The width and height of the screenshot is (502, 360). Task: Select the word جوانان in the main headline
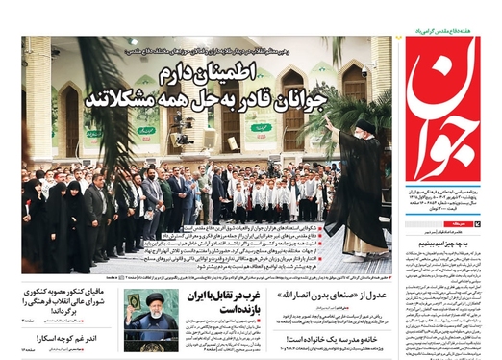click(x=325, y=100)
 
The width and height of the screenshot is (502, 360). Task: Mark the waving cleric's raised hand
click(x=330, y=126)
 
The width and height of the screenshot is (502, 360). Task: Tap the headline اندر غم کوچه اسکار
click(x=77, y=339)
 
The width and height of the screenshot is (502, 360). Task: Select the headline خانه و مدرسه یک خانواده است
click(x=332, y=338)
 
